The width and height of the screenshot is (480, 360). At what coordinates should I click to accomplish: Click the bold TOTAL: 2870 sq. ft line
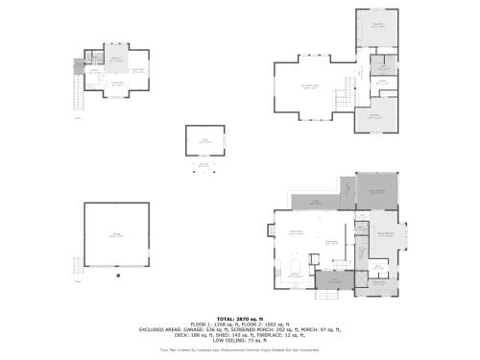(x=239, y=318)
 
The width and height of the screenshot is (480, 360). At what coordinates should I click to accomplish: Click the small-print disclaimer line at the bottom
(x=240, y=349)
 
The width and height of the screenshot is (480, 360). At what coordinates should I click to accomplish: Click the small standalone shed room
(x=204, y=142)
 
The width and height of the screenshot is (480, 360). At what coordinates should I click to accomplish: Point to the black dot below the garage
(x=117, y=276)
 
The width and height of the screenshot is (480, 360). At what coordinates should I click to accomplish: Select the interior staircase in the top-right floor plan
(x=340, y=97)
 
